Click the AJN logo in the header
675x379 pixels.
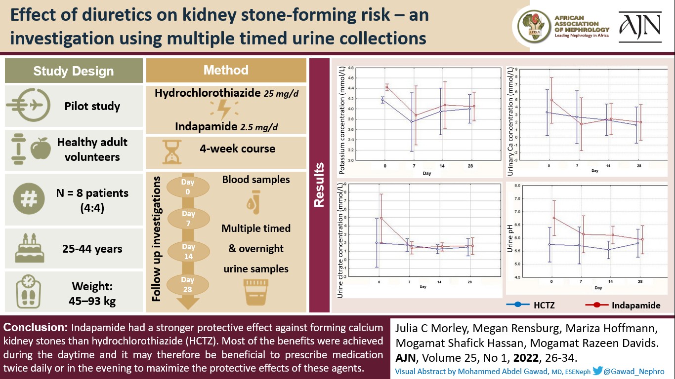tap(640, 28)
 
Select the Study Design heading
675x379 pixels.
tap(74, 71)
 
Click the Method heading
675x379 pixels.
tap(226, 70)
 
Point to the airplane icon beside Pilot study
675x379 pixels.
tap(28, 106)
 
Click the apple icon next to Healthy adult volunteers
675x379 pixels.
tap(41, 149)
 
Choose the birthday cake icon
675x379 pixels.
tap(29, 249)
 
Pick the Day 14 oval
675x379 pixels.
tap(188, 251)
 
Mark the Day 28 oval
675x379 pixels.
tap(188, 284)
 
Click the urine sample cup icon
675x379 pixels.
tap(255, 292)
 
